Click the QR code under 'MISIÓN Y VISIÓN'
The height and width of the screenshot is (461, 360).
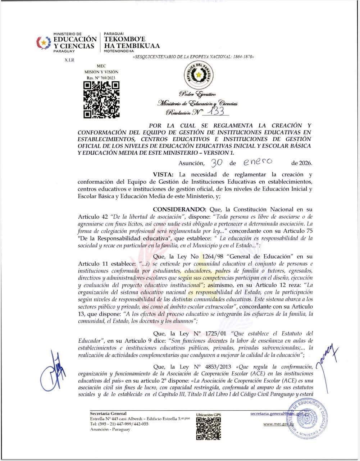coord(101,100)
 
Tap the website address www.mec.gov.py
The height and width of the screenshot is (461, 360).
coord(279,424)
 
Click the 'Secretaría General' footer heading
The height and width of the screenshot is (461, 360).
coord(108,414)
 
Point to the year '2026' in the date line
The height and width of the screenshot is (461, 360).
coord(305,163)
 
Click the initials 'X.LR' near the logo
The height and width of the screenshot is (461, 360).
coord(69,60)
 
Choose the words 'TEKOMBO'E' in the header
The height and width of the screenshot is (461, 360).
coord(124,39)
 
